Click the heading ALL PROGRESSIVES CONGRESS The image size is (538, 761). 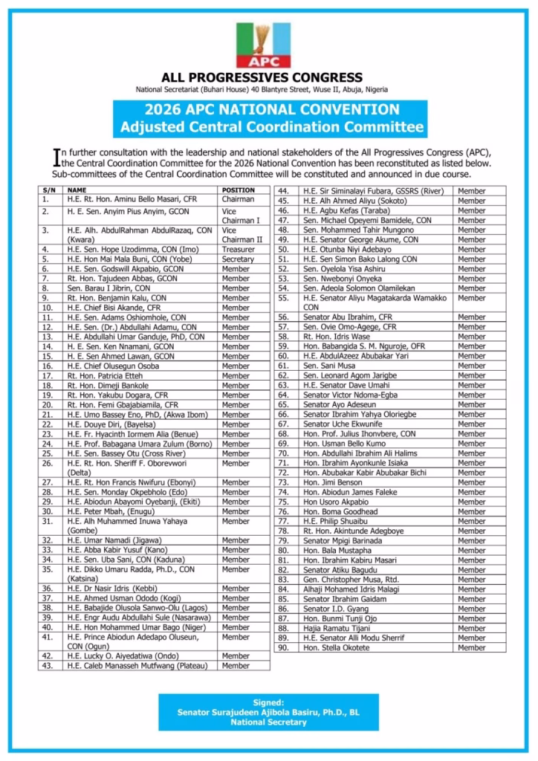point(262,77)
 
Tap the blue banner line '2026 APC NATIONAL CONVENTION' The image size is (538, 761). point(272,110)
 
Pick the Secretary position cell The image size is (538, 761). point(238,259)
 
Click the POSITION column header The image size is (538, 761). point(239,190)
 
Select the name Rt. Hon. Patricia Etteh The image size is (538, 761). point(102,376)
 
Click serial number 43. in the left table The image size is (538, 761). point(48,666)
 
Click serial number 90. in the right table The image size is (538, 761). point(282,647)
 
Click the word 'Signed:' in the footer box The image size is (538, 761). point(268,702)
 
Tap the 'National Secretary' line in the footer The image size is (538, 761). point(268,722)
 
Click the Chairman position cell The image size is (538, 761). point(238,199)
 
